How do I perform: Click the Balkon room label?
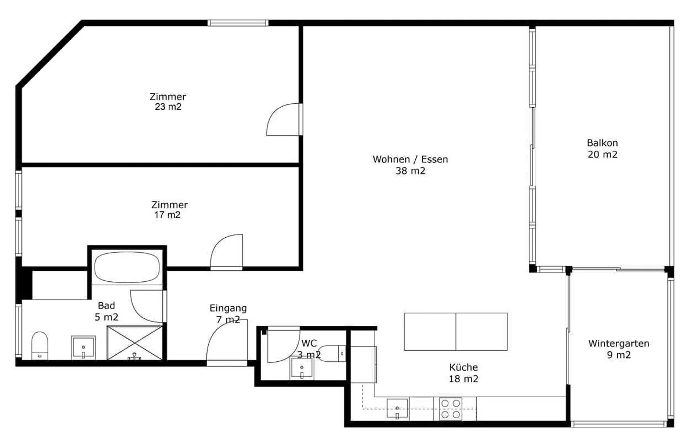click(602, 143)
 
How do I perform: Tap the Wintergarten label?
click(619, 344)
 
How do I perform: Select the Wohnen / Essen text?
click(410, 159)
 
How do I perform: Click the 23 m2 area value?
click(168, 107)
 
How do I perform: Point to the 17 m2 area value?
click(167, 215)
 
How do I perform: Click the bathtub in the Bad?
click(127, 267)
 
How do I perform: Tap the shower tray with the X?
click(135, 342)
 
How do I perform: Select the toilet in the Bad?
click(39, 345)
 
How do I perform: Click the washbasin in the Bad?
click(83, 347)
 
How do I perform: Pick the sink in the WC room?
click(302, 368)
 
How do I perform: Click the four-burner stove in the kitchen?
click(451, 409)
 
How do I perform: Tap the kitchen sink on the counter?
click(397, 408)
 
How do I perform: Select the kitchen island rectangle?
click(456, 332)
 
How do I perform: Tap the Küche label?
click(463, 367)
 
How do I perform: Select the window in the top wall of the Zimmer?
click(238, 23)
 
